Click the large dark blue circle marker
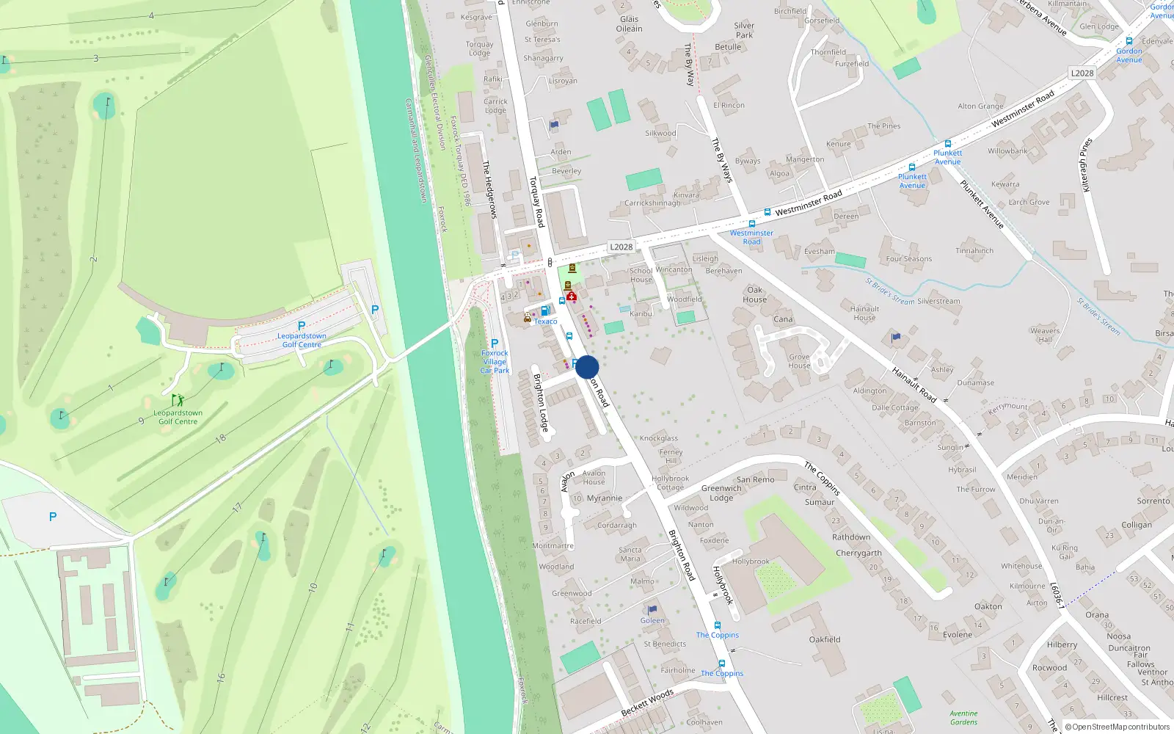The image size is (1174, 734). tap(587, 367)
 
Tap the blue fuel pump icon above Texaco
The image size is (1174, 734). tap(545, 311)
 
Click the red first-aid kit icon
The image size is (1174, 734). tap(571, 297)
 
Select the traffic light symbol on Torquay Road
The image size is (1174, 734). tap(550, 262)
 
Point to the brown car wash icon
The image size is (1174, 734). tap(527, 318)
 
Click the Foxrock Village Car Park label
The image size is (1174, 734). tap(495, 361)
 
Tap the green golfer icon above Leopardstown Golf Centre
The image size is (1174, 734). tap(178, 400)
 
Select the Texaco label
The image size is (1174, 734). tap(545, 321)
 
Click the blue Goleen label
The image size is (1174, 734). tap(652, 620)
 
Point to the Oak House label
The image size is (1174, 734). tap(754, 294)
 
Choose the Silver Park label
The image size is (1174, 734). tap(744, 30)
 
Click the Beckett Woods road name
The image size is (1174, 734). tap(647, 702)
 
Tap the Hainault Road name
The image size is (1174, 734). tap(914, 385)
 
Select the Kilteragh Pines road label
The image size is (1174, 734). tap(1087, 164)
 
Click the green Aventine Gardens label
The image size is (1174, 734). tap(963, 717)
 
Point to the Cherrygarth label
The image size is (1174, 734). tap(858, 553)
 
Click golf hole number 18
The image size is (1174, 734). tap(221, 438)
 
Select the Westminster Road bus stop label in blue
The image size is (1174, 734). tap(751, 237)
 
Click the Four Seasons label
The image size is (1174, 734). tap(908, 258)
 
